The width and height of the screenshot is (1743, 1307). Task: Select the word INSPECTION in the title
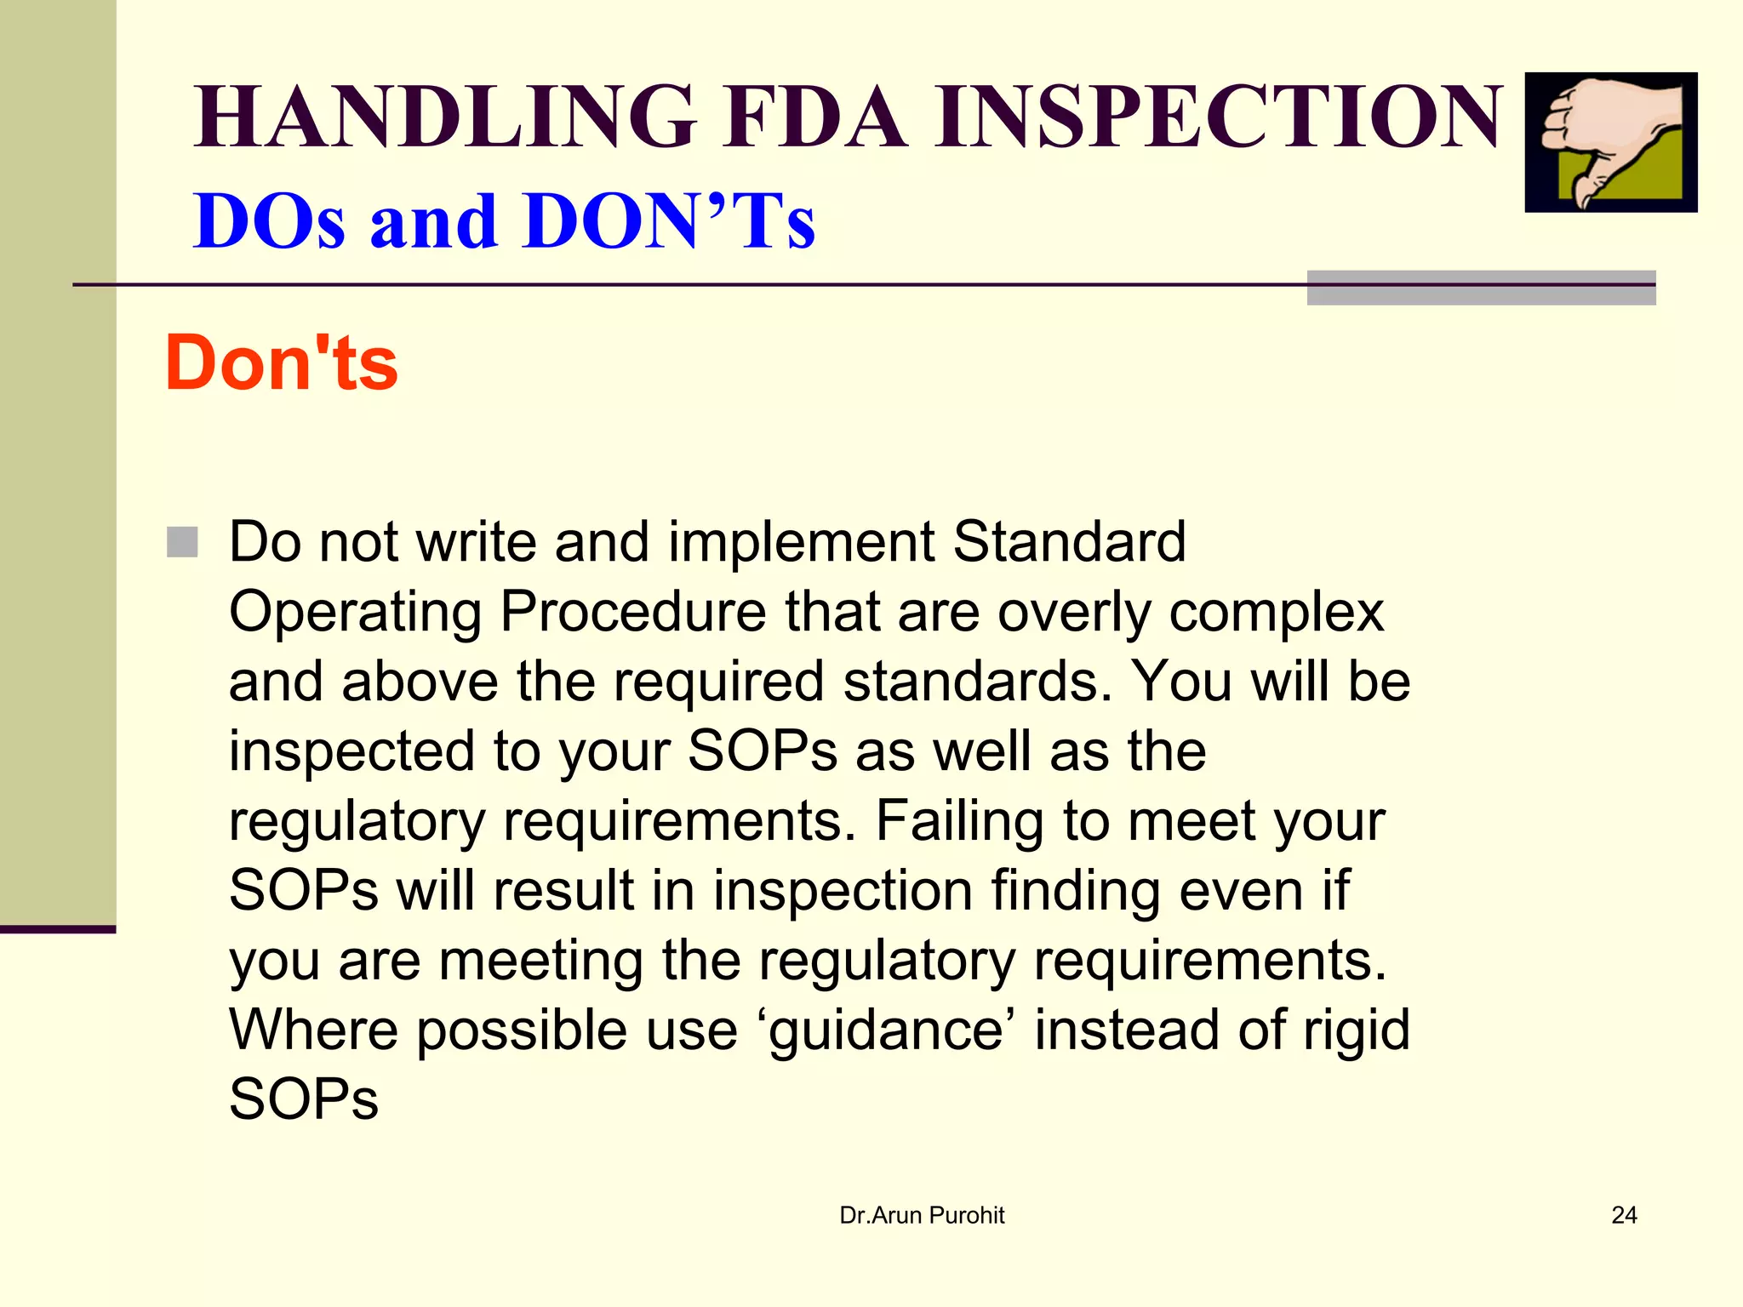(1219, 117)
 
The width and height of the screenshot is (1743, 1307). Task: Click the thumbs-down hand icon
(1610, 142)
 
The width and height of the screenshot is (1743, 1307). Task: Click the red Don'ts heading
(282, 363)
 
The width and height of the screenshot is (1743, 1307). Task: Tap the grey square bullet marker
(182, 542)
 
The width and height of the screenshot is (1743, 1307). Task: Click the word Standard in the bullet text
(1069, 542)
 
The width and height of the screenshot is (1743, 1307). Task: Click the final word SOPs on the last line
(304, 1099)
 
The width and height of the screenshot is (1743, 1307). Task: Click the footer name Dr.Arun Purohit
(922, 1216)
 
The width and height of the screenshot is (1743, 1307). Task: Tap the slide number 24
(1624, 1216)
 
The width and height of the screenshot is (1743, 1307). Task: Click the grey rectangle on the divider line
(1481, 288)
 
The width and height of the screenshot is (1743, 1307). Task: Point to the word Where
(313, 1030)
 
